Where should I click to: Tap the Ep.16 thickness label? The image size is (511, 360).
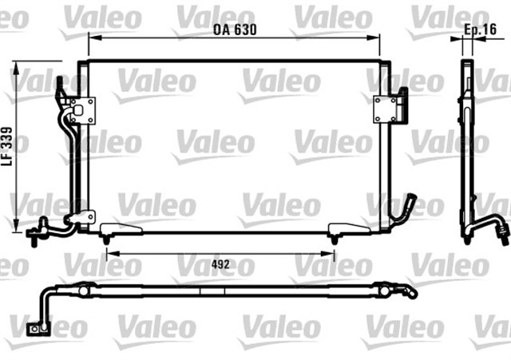click(x=480, y=29)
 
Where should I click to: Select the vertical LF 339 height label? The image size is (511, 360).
click(x=7, y=146)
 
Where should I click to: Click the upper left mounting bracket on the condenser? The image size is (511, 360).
click(x=82, y=110)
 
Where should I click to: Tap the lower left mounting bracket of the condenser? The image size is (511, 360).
click(x=83, y=217)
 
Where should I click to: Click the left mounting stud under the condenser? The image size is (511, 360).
click(x=106, y=236)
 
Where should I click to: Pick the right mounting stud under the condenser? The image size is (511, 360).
click(x=335, y=236)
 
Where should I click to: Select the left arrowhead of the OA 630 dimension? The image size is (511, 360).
click(x=92, y=37)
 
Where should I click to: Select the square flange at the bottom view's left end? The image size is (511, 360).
click(x=35, y=327)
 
